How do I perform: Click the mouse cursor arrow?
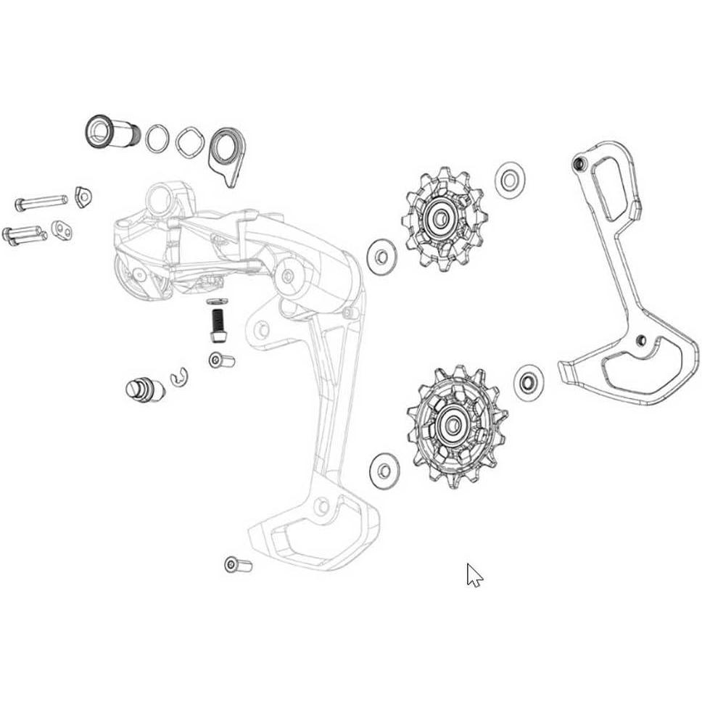pos(474,575)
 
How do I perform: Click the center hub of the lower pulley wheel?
pos(455,423)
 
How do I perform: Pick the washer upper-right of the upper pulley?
pos(510,179)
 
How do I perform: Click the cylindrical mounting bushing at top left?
pos(106,132)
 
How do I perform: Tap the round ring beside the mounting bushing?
pos(157,138)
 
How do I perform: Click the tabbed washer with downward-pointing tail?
pos(225,154)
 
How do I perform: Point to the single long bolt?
pos(41,201)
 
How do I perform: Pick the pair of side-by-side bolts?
pos(25,234)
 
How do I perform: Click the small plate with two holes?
pos(62,231)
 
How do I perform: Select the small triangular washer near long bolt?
pos(83,196)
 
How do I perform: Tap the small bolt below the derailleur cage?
pos(238,563)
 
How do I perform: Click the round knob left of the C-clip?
pos(144,388)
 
